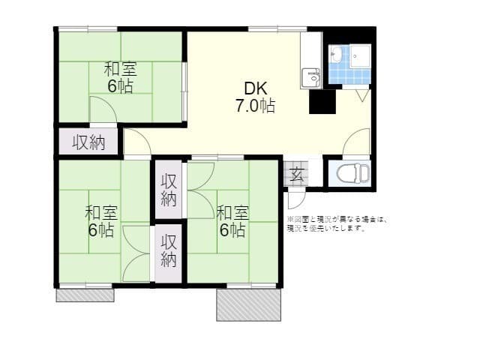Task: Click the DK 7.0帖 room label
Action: [256, 95]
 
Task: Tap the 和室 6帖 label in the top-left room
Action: [119, 77]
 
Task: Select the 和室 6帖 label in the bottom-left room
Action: [100, 221]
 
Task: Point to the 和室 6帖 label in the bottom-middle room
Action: [231, 221]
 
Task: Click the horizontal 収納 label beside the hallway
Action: [88, 141]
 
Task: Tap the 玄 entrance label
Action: [297, 175]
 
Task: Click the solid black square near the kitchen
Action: [322, 101]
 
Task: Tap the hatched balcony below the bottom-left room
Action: [85, 295]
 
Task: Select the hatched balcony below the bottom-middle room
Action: [249, 304]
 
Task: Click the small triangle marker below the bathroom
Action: [362, 95]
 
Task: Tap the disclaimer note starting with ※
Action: [336, 223]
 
